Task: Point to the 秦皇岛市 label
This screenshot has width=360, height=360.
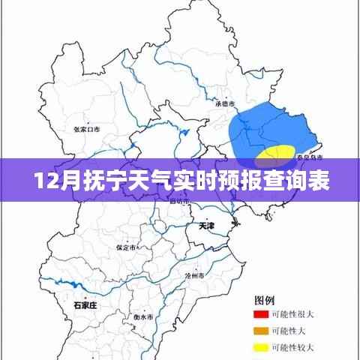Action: [x=308, y=158]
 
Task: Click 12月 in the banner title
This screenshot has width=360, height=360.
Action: [x=52, y=181]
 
